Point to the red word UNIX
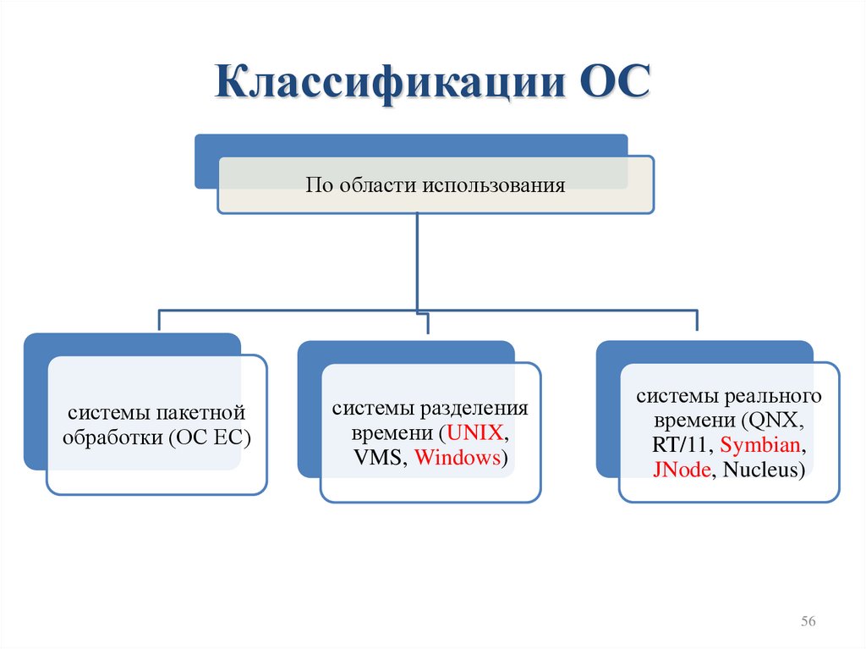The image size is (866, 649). coord(477,433)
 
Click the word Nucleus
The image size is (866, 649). coord(759,470)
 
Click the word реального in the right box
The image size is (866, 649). coord(776,396)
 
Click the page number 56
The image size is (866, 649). coord(808,622)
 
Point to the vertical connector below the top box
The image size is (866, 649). coord(417,262)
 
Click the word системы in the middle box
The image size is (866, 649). coord(365,409)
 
